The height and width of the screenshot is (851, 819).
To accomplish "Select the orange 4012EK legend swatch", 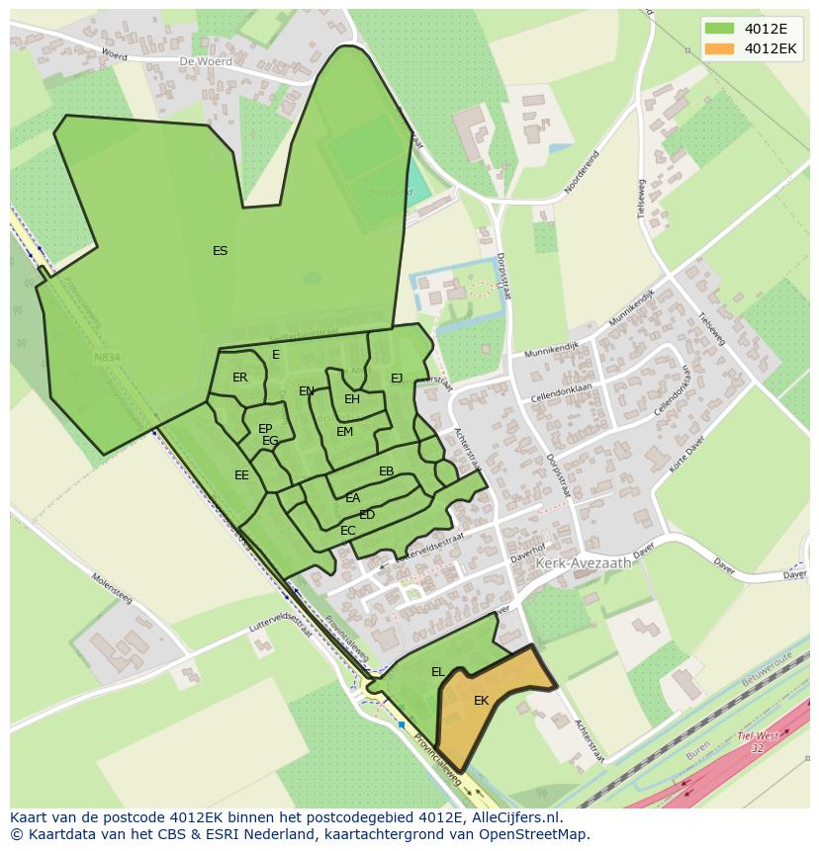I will pyautogui.click(x=720, y=48).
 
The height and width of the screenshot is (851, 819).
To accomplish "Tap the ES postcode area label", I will pyautogui.click(x=220, y=251).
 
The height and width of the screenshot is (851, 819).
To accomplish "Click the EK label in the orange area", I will pyautogui.click(x=481, y=701).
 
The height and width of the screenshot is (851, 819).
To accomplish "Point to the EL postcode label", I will pyautogui.click(x=437, y=672).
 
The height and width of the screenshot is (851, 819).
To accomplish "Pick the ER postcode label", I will pyautogui.click(x=240, y=378).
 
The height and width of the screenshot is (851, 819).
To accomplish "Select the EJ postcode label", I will pyautogui.click(x=397, y=378).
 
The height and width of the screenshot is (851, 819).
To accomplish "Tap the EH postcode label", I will pyautogui.click(x=352, y=399).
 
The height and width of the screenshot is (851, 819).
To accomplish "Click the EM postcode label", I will pyautogui.click(x=344, y=432).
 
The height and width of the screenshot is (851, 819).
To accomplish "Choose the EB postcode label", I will pyautogui.click(x=387, y=471).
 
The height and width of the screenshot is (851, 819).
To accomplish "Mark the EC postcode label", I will pyautogui.click(x=347, y=531).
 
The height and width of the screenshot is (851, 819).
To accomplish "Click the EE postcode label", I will pyautogui.click(x=241, y=475).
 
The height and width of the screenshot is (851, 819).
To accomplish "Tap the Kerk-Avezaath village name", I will pyautogui.click(x=583, y=562).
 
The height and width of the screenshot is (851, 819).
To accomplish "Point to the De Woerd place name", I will pyautogui.click(x=206, y=61).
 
